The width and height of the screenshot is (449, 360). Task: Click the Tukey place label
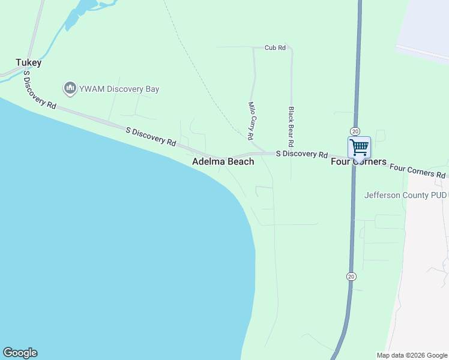(28, 62)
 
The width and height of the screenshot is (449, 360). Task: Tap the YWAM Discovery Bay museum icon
(70, 89)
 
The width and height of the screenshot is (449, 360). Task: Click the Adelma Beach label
(223, 162)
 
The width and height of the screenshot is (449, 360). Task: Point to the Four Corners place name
(359, 162)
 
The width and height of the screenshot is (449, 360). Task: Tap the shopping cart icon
(359, 147)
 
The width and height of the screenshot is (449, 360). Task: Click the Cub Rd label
(275, 47)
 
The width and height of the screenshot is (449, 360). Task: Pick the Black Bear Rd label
(291, 127)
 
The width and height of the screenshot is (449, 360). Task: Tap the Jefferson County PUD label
(406, 195)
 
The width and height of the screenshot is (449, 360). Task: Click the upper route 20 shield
(355, 131)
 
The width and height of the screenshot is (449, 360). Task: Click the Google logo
(20, 353)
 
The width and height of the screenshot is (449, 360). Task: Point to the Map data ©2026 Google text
(412, 355)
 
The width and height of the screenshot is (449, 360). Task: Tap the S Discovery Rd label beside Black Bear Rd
(301, 154)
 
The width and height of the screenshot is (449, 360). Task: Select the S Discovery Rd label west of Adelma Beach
(151, 136)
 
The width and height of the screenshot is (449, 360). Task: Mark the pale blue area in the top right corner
(426, 27)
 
